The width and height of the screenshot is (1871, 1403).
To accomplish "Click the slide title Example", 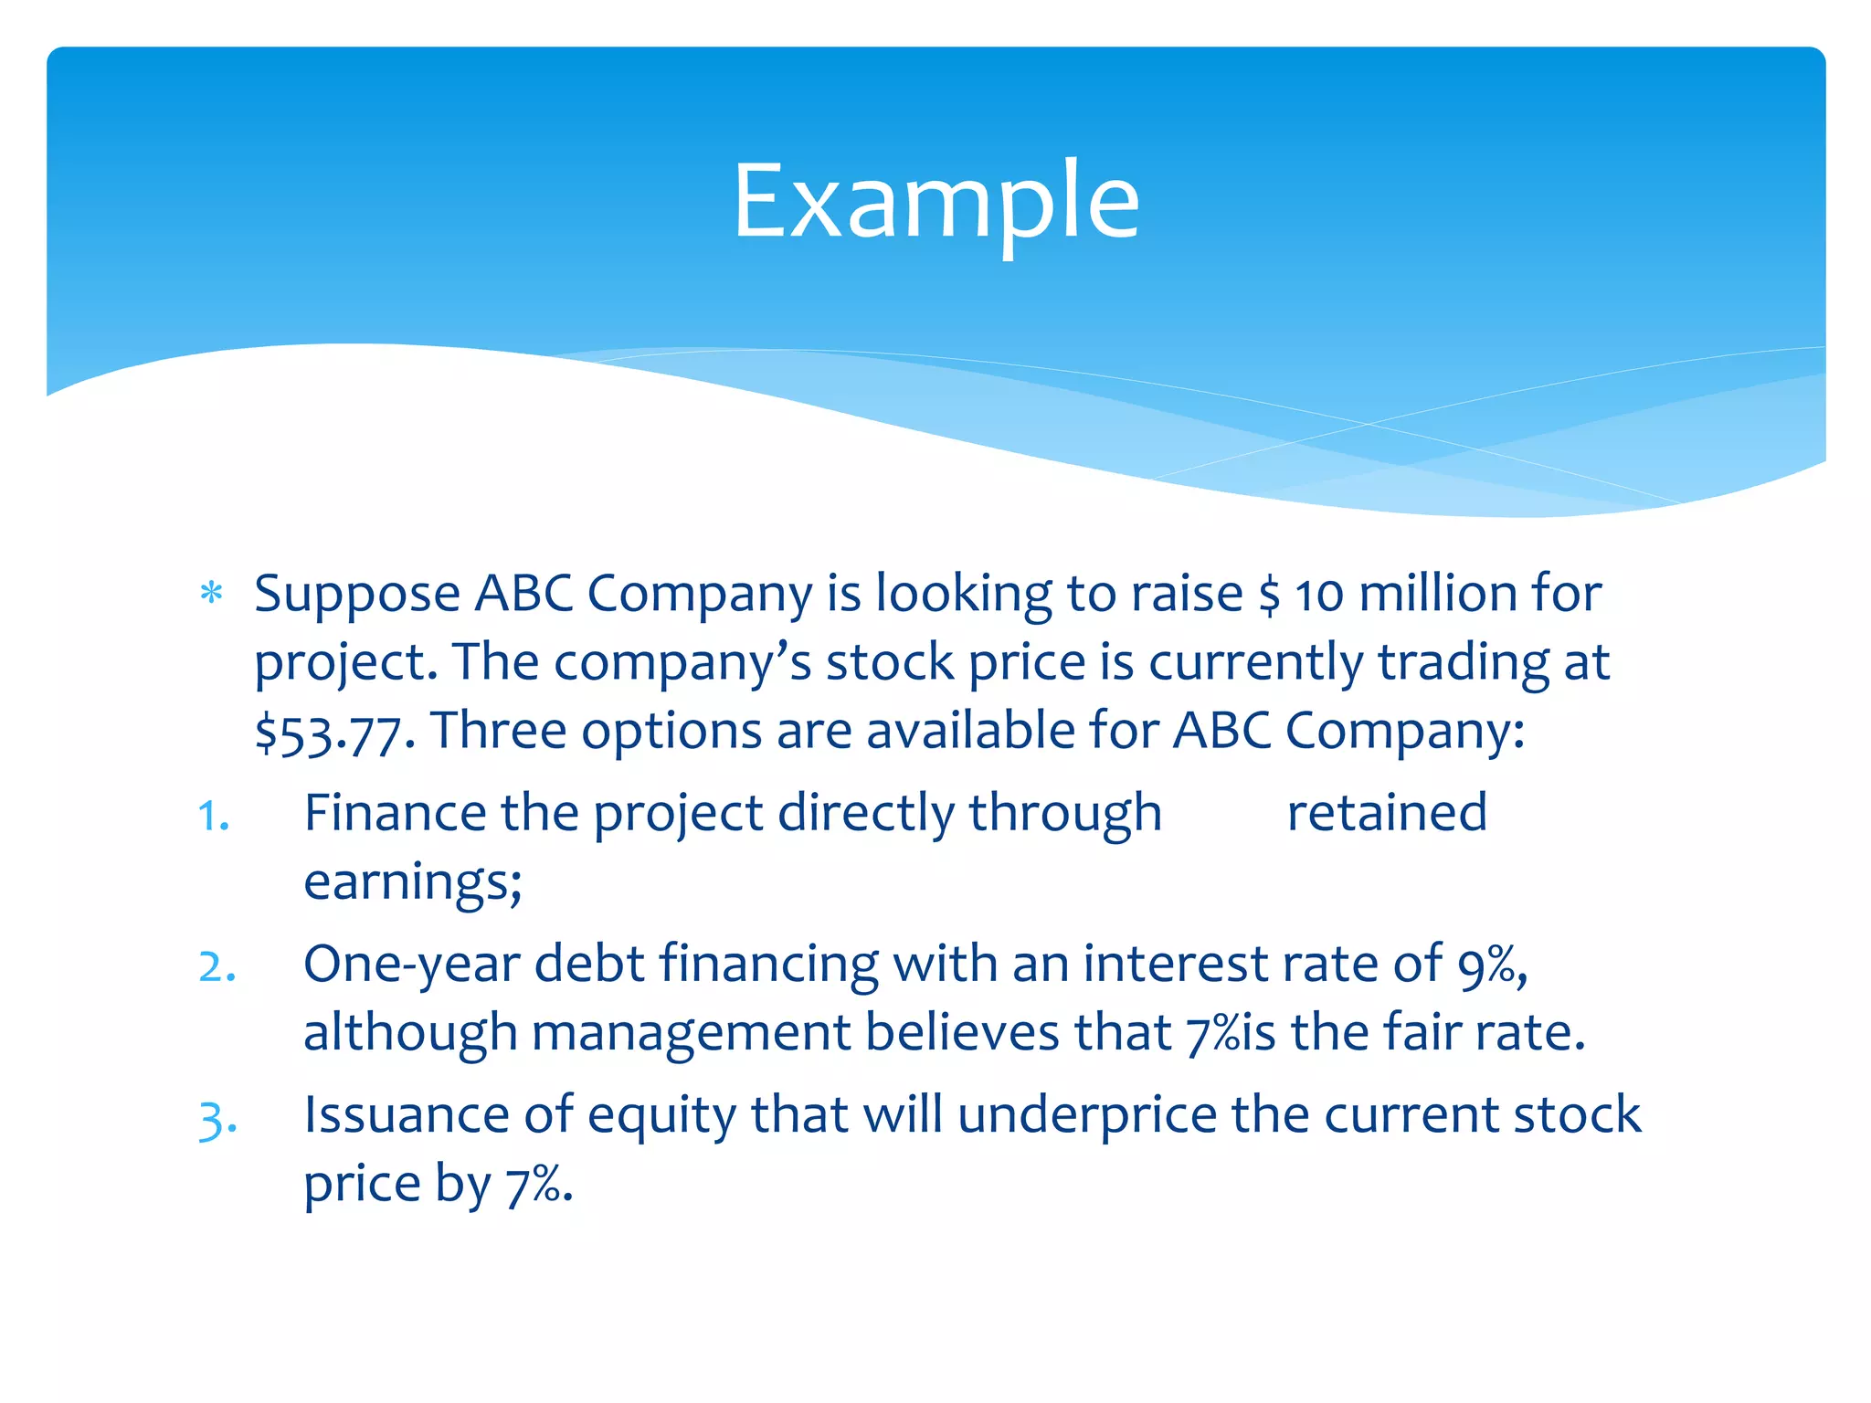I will coord(935,201).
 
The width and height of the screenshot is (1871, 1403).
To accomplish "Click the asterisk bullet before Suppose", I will coord(211,594).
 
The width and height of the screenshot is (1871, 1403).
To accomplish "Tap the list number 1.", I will coord(213,816).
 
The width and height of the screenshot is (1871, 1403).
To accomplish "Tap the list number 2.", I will coord(217,966).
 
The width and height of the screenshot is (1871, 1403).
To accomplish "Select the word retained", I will coord(1386,813).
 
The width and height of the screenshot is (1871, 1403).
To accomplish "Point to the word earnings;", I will coord(413,882).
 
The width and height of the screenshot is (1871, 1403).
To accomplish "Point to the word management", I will coord(691,1033).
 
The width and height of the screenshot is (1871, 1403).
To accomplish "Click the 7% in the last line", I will coord(537,1185).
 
